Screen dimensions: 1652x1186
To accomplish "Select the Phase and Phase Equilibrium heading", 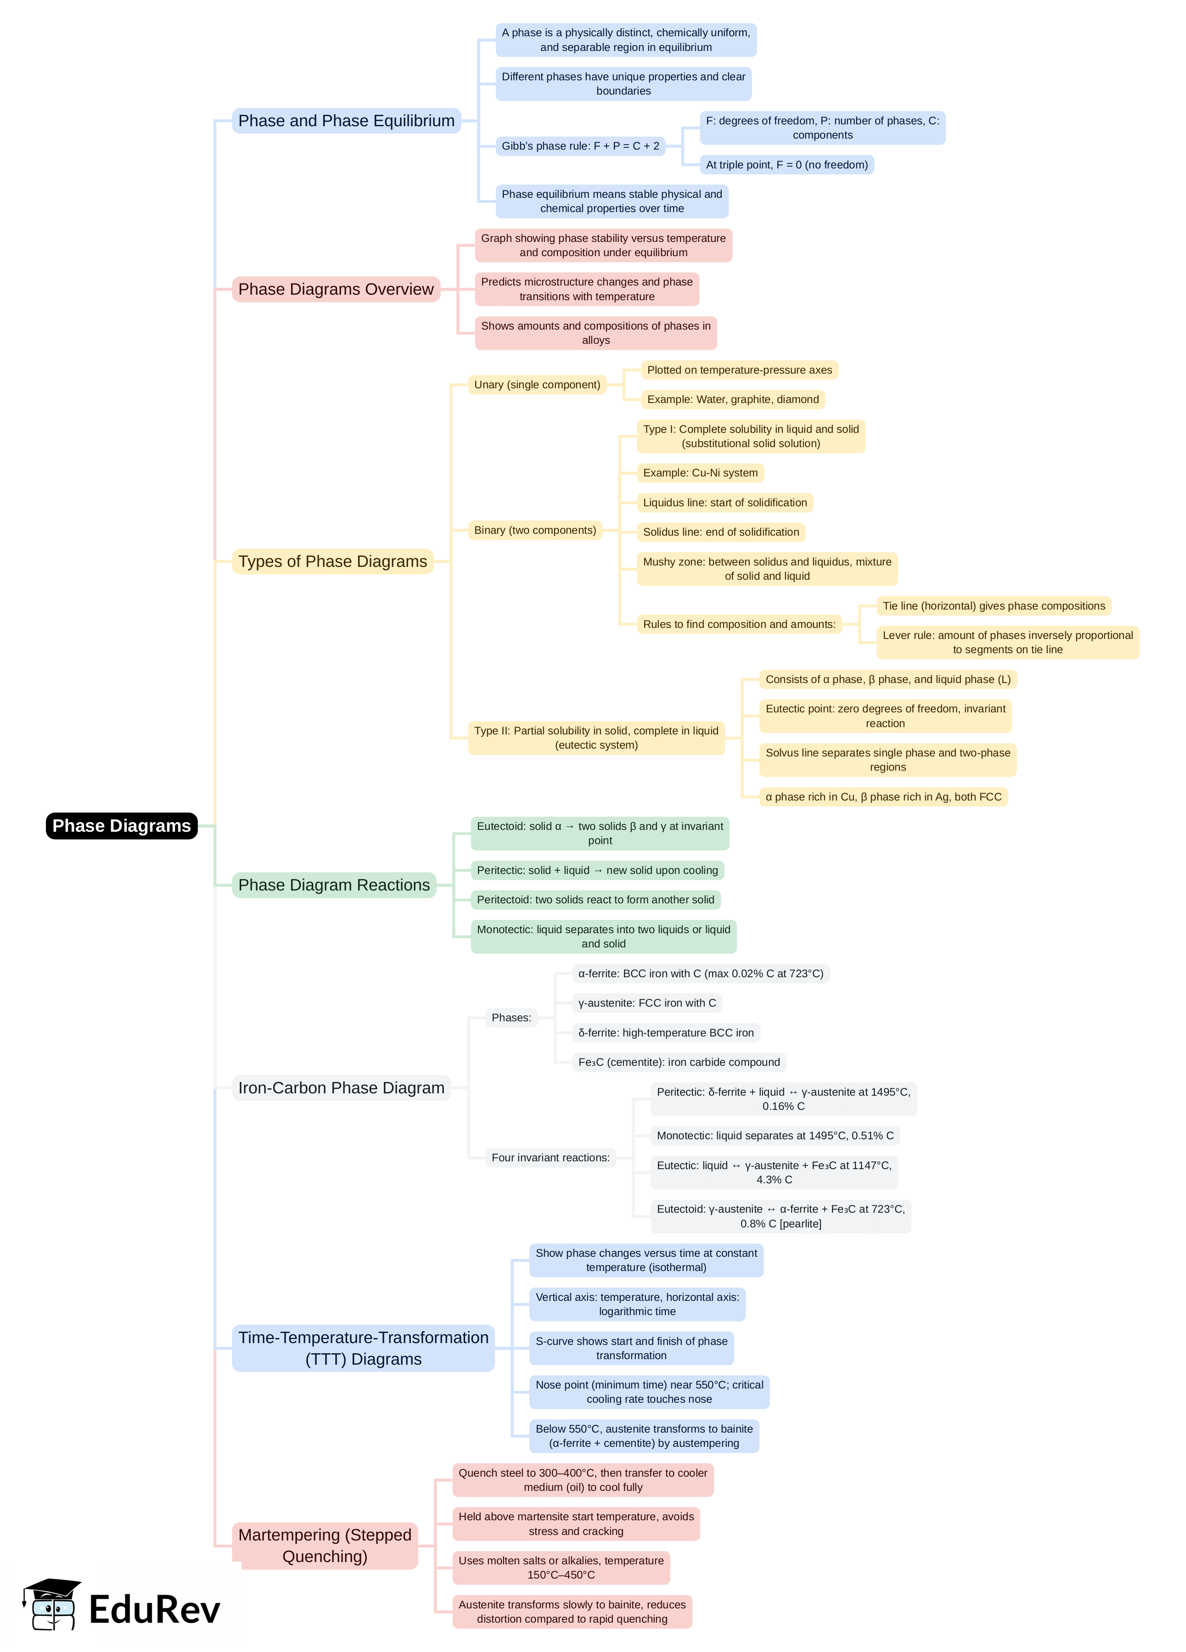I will coord(346,121).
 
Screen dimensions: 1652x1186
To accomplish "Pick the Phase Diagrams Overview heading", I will coord(336,289).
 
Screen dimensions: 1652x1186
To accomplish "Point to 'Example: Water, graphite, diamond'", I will coord(732,399).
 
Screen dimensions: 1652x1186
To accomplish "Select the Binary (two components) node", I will coord(535,530).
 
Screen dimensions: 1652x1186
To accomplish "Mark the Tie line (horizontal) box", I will coord(993,606).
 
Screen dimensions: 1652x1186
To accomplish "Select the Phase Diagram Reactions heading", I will coord(334,885).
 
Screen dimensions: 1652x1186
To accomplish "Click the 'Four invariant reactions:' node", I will coord(550,1158).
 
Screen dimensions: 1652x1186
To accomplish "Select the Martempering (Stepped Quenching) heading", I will coord(325,1546).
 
